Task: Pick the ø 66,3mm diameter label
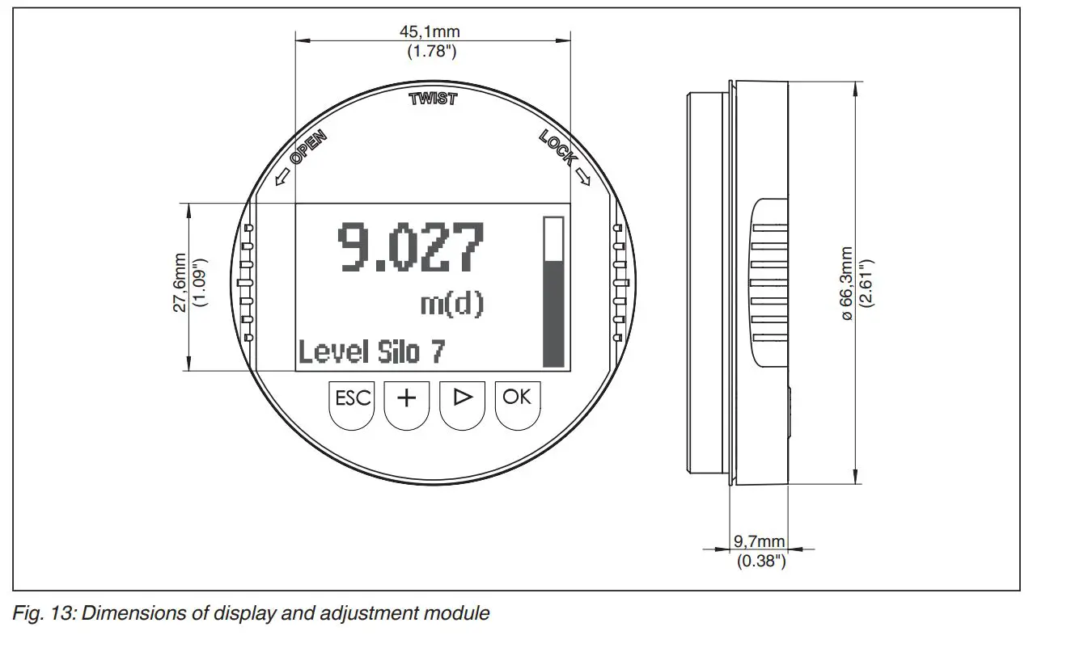(847, 283)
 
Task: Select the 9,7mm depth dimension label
(759, 541)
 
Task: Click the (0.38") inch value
(760, 561)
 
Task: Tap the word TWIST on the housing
(433, 99)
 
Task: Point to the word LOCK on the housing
(557, 148)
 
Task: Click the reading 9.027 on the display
(410, 246)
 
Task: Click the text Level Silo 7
(371, 352)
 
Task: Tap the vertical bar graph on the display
(553, 292)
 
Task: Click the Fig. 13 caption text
(251, 613)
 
